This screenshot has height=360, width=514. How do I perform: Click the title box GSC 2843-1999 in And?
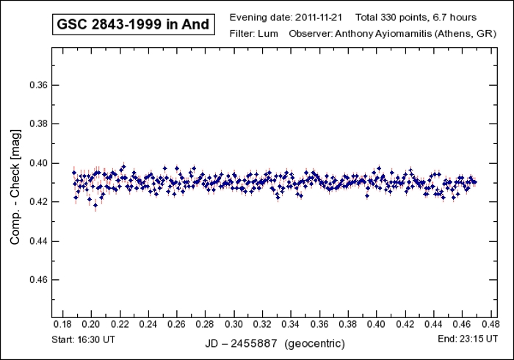(133, 24)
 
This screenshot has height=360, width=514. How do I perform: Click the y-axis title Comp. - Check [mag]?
(15, 186)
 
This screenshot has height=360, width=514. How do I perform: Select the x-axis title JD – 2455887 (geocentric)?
(275, 343)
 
